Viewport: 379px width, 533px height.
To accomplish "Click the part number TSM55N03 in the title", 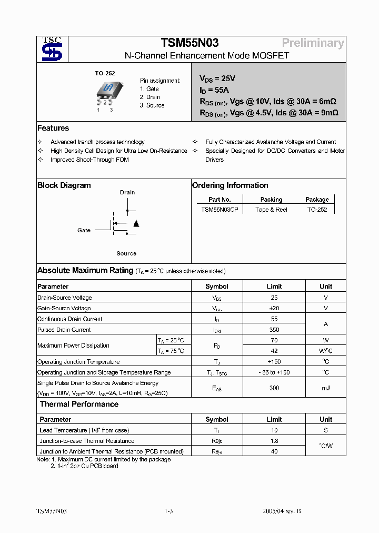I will (x=189, y=43).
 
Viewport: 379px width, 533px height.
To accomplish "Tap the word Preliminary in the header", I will (x=313, y=43).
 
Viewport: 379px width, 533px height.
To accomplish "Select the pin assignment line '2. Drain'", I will (x=150, y=97).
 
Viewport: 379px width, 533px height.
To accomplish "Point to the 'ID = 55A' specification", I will (x=214, y=90).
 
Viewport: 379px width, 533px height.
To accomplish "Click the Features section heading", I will (x=53, y=128).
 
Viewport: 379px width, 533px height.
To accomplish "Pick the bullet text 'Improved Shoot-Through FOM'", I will (x=89, y=160).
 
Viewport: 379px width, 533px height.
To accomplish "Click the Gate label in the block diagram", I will (x=84, y=230).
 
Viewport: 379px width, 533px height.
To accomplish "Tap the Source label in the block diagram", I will (x=126, y=253).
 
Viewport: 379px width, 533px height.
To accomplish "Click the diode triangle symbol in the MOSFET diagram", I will (x=136, y=223).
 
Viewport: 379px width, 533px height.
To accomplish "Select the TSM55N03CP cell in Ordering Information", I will (x=220, y=210).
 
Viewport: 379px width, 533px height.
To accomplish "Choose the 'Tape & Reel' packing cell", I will (x=271, y=210).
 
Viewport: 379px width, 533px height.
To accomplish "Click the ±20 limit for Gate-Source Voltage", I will (x=274, y=308).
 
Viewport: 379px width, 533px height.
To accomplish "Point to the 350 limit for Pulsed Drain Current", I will (x=274, y=330).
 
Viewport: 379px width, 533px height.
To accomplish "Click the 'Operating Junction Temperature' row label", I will (x=78, y=362).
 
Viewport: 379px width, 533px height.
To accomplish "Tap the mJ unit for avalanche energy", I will (x=325, y=388).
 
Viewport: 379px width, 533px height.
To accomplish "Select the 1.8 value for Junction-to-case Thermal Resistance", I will (x=274, y=441).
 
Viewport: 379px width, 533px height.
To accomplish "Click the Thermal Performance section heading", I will (x=79, y=404).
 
